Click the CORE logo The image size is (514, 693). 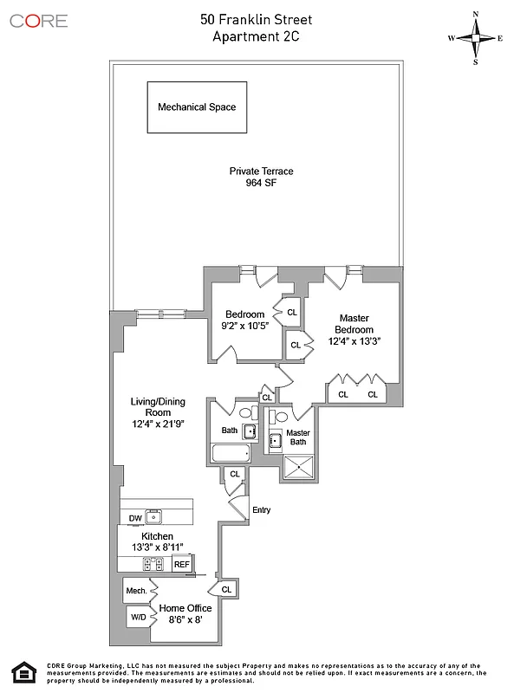click(x=38, y=20)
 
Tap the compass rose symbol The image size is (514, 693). click(x=476, y=38)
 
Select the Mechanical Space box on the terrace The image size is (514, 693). click(x=196, y=107)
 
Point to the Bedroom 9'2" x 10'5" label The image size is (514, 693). click(x=244, y=320)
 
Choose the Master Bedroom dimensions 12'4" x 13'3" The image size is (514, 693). click(x=355, y=341)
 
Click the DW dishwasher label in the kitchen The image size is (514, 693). click(x=134, y=518)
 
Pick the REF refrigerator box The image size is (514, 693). click(x=181, y=564)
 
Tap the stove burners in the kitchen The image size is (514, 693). click(x=153, y=564)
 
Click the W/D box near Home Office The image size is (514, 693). click(x=137, y=618)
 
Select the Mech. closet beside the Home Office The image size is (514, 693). click(x=135, y=592)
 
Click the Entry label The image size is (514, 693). click(x=261, y=510)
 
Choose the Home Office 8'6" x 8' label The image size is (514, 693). click(x=180, y=613)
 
